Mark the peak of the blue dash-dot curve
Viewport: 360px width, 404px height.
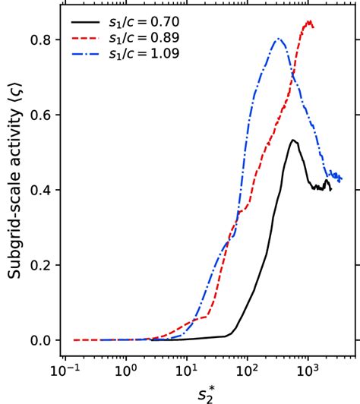[x=278, y=39]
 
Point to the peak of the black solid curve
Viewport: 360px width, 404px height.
[x=292, y=140]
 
